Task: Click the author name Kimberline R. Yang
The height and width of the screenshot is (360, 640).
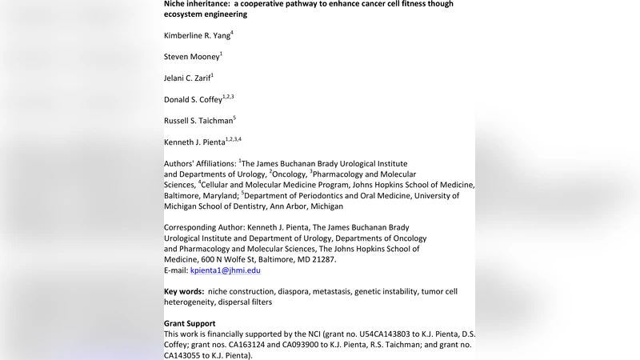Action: [x=197, y=35]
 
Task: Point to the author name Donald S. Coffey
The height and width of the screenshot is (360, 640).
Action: [x=193, y=99]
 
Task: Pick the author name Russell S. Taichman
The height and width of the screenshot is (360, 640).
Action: [x=198, y=121]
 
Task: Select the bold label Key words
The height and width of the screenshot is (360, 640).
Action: [x=183, y=291]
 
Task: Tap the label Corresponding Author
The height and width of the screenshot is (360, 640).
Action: [x=203, y=227]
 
